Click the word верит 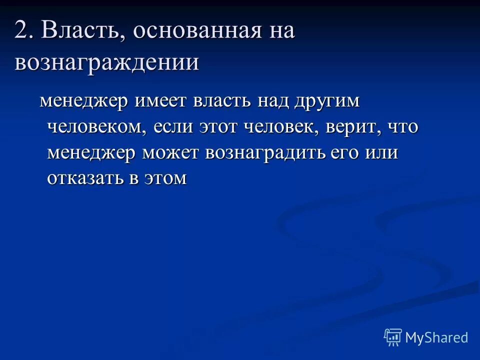coord(349,127)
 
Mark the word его coord(344,153)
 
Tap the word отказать coord(85,178)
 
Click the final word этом coord(165,178)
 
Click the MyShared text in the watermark coord(436,337)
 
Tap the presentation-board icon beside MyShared coord(393,337)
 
